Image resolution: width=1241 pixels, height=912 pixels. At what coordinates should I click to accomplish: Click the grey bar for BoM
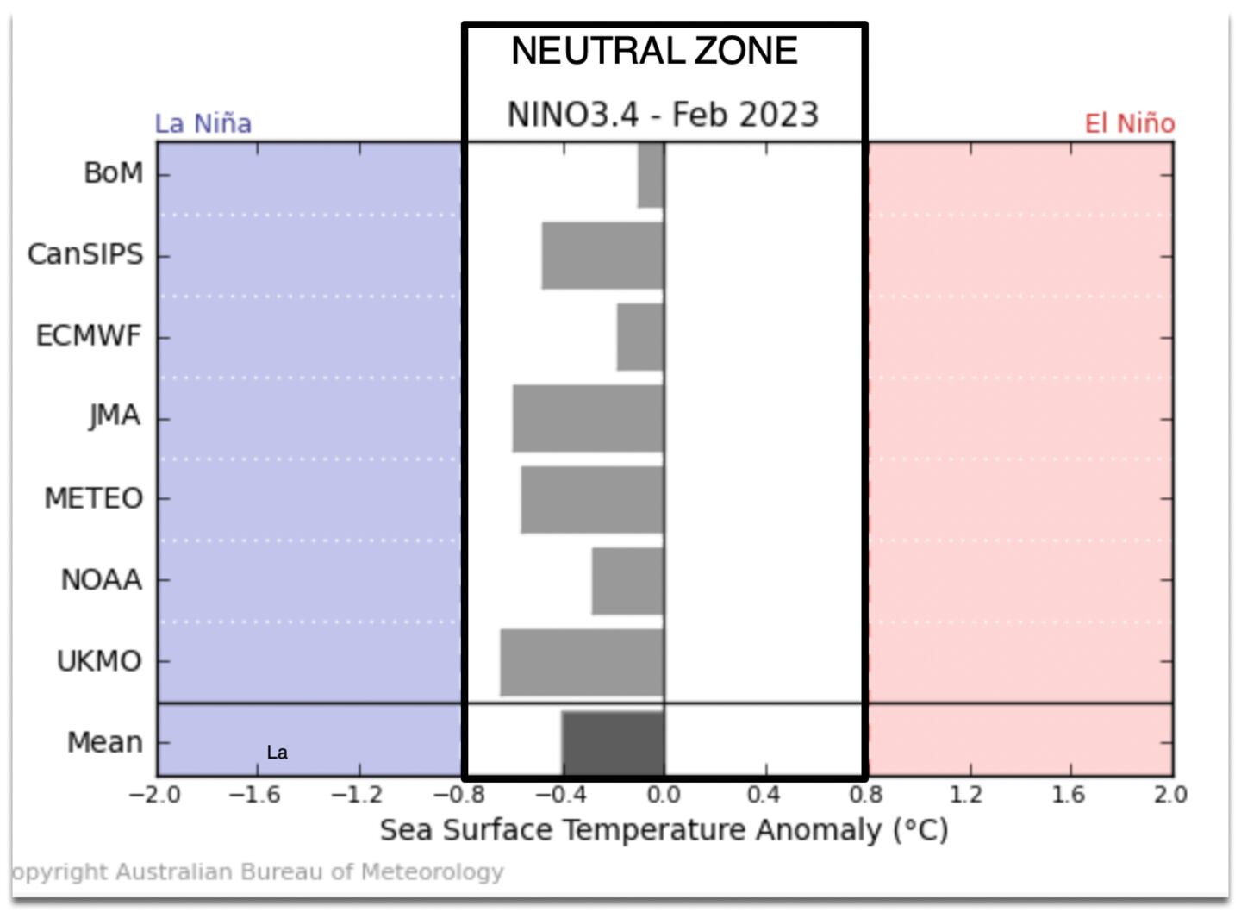pos(651,175)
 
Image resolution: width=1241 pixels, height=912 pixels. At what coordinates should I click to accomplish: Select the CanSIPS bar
pos(602,256)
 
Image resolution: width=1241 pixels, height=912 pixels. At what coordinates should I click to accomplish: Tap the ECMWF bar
pos(640,337)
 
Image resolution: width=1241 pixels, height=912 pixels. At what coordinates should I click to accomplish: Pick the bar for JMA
pos(588,418)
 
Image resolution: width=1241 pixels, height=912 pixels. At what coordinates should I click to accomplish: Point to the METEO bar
pos(592,499)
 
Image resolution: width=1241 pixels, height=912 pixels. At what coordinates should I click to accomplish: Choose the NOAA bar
pos(627,580)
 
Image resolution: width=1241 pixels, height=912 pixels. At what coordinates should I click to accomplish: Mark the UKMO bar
pos(582,662)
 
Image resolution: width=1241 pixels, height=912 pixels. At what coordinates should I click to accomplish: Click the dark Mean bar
pos(613,742)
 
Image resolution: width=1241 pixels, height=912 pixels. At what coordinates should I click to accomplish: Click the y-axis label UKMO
pos(99,661)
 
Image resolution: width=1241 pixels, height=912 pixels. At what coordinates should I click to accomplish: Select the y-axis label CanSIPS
pos(85,254)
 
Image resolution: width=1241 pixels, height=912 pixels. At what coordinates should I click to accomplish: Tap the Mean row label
pos(105,742)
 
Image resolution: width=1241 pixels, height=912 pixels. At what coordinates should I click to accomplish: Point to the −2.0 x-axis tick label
pos(155,794)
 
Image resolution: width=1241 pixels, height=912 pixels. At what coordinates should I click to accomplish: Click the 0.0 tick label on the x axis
pos(664,794)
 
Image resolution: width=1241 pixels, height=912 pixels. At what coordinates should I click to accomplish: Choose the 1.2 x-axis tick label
pos(967,794)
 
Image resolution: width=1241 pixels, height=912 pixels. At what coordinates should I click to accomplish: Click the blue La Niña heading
pos(203,123)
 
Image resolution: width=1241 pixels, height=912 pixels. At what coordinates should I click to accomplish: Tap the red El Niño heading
pos(1129,123)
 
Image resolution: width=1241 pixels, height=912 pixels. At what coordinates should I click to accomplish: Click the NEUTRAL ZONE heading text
pos(654,51)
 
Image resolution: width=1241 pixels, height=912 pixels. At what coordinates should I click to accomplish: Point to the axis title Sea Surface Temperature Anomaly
pos(664,830)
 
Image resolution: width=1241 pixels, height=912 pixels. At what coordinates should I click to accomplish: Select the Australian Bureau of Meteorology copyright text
pos(259,871)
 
